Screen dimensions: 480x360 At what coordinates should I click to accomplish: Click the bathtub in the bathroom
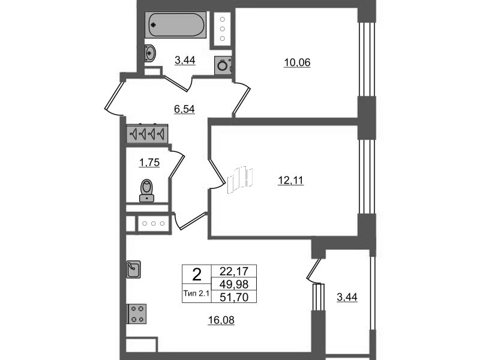(175, 25)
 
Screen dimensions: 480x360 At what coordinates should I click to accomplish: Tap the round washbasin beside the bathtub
(151, 53)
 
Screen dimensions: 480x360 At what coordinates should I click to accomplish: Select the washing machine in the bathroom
(223, 65)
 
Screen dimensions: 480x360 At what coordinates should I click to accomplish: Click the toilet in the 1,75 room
(147, 191)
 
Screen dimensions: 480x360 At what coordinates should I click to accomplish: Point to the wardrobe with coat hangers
(147, 133)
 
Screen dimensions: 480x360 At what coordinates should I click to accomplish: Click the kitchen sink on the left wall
(133, 269)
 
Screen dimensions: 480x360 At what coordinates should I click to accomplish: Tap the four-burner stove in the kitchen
(137, 314)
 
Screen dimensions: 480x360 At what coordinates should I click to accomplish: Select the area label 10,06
(297, 63)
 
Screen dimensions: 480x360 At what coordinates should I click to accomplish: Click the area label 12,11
(290, 181)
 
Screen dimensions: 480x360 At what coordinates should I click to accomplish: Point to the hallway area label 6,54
(184, 109)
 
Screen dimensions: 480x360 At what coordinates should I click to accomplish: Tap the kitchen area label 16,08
(221, 320)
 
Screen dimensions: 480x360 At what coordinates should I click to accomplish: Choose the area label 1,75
(149, 163)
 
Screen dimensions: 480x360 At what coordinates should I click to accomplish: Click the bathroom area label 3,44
(185, 61)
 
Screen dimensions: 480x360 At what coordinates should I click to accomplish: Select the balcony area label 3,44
(347, 297)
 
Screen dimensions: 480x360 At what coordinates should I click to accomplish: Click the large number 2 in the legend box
(197, 275)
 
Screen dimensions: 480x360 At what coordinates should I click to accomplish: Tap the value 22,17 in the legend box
(234, 271)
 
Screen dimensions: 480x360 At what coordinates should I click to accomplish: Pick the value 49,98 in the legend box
(234, 284)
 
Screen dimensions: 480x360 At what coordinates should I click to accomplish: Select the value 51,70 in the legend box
(234, 297)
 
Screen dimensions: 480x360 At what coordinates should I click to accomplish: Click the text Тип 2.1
(196, 293)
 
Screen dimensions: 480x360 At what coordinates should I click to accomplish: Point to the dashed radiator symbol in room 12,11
(240, 181)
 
